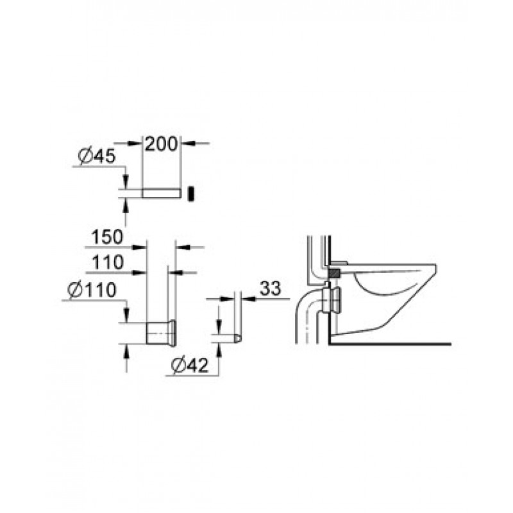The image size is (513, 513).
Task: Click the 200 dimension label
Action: pos(161,144)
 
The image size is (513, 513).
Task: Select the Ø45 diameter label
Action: pos(97,156)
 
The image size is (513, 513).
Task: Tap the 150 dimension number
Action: pos(107,237)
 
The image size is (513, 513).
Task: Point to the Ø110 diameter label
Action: pos(92,290)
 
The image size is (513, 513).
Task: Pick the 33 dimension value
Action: pos(271,289)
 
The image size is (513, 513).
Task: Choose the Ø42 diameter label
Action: pos(190,365)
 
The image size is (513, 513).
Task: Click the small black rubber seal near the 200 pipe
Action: pos(191,194)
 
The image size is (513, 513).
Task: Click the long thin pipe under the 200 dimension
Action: pos(162,193)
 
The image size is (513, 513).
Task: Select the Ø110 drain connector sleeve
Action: pos(162,332)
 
